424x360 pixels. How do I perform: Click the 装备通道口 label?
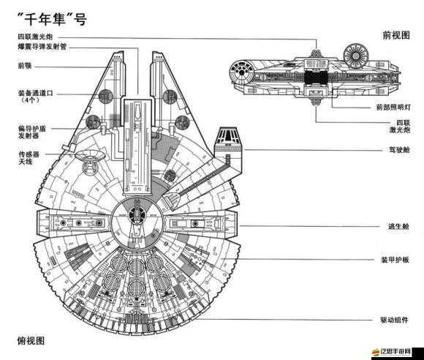click(x=37, y=94)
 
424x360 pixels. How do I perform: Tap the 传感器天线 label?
click(x=29, y=159)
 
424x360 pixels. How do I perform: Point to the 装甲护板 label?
click(x=395, y=260)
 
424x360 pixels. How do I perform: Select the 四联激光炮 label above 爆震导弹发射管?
click(x=37, y=37)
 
